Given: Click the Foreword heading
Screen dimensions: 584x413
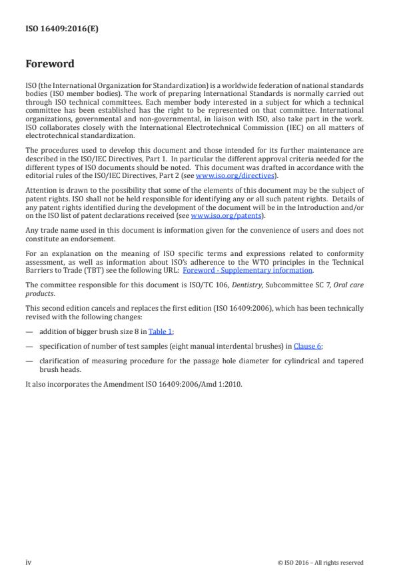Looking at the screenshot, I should click(49, 65).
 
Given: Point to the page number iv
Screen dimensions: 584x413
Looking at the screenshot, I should click(29, 562).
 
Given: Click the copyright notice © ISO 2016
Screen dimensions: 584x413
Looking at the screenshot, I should click(320, 563).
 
